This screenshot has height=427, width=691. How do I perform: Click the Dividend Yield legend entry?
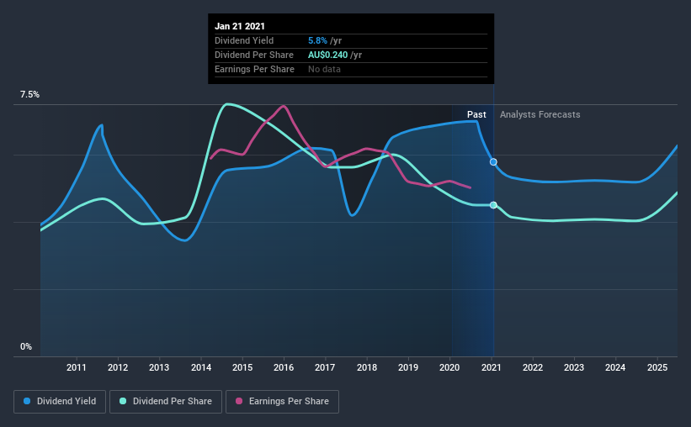pos(60,402)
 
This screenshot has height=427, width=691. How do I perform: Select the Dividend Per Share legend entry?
pos(171,402)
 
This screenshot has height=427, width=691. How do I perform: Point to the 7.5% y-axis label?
pos(29,95)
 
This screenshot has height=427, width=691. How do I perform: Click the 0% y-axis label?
pos(26,346)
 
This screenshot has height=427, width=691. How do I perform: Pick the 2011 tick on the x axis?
pos(77,367)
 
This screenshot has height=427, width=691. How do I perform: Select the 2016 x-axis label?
pos(284,367)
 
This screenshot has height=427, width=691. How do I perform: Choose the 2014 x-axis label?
pos(201,367)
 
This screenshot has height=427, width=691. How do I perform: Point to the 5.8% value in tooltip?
pos(319,40)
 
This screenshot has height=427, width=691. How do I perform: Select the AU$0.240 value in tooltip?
pos(334,55)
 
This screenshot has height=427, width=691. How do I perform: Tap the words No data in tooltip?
pos(324,69)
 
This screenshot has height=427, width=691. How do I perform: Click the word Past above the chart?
pos(476,114)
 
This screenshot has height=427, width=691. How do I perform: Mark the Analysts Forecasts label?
pos(540,114)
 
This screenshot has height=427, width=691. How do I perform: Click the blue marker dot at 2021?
pos(493,161)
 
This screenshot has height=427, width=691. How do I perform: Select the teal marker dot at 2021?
pos(493,205)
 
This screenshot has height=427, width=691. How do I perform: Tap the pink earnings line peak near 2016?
pos(284,106)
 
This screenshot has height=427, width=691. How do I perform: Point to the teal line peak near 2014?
pos(226,103)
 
